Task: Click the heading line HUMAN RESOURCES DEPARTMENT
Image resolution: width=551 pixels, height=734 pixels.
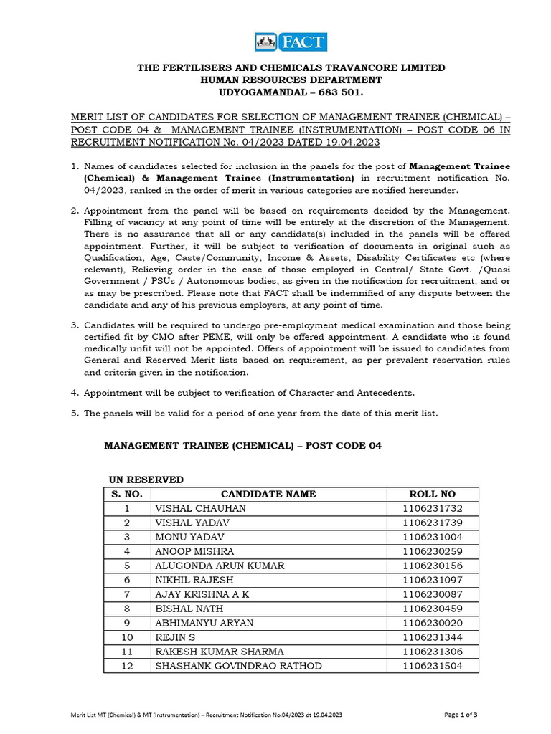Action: pos(291,80)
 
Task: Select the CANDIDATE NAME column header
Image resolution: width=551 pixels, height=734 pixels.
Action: pos(268,494)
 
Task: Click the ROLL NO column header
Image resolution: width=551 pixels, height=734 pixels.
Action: pos(432,494)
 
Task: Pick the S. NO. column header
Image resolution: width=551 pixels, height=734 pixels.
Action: pos(127,494)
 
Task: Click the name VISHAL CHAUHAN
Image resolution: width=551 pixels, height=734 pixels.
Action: pos(200,508)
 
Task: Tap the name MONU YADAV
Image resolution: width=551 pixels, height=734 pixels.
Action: pos(190,537)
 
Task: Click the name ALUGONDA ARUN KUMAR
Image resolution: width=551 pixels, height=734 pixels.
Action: pos(220,566)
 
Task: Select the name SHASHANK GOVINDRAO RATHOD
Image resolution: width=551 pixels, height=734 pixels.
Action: pos(238,666)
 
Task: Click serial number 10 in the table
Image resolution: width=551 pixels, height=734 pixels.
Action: pos(127,637)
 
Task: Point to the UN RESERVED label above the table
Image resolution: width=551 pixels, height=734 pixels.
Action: pos(146,479)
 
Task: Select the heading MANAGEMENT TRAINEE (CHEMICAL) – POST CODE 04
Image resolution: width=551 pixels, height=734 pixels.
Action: pos(243,445)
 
